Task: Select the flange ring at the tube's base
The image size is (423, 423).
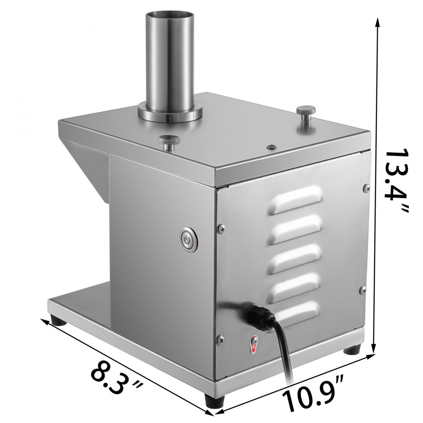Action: coord(169,113)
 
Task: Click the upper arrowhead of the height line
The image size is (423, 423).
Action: coord(376,23)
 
